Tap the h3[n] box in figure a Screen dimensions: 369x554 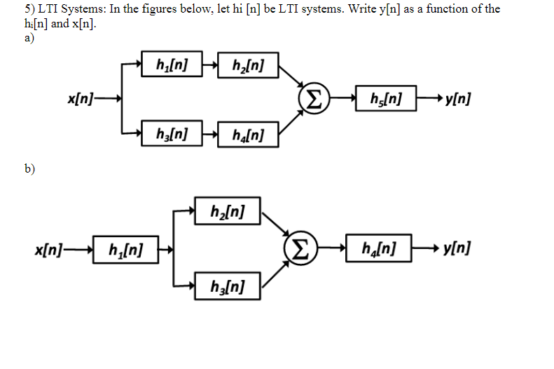[x=172, y=133]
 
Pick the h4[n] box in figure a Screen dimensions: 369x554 [x=248, y=133]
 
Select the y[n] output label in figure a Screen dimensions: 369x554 [x=457, y=98]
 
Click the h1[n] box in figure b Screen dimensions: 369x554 [x=127, y=248]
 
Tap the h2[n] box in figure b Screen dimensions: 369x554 [x=227, y=210]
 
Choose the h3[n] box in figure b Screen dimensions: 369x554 [x=227, y=286]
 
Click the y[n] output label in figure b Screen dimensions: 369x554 [x=457, y=248]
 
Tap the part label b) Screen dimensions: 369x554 [x=29, y=169]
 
